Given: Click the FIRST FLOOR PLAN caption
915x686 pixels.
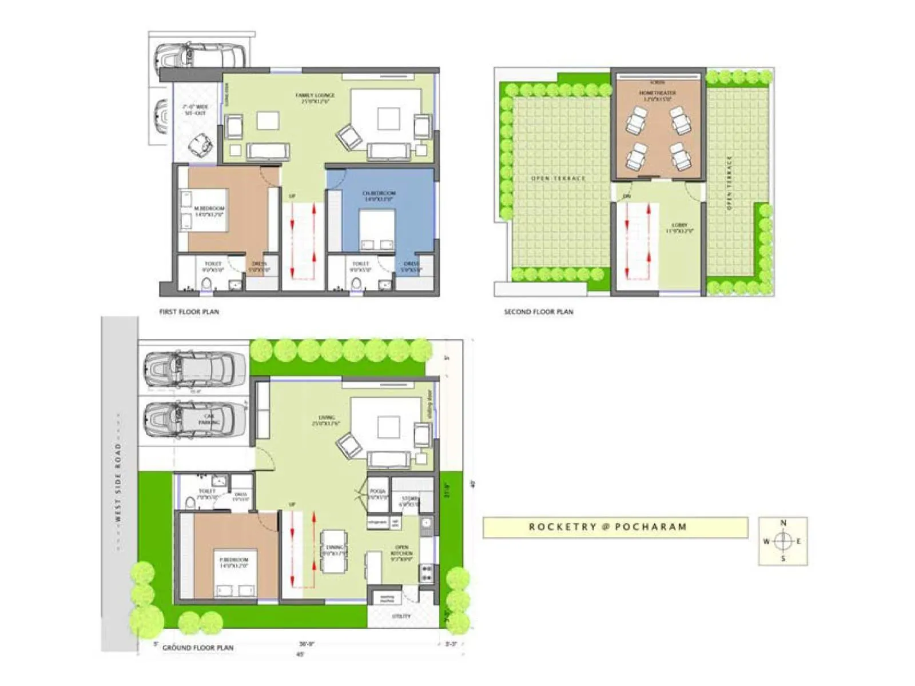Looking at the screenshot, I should coord(189,312).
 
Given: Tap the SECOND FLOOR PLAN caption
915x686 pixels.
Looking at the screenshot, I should coord(538,312).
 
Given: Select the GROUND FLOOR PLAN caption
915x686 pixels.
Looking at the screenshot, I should coord(198,648).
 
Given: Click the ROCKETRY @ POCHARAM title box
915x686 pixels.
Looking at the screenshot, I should coord(615,527).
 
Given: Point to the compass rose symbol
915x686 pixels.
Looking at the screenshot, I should coord(783,541).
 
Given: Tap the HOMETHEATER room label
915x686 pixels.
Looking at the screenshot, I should coord(657,93).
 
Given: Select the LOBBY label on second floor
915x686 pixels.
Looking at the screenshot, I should coord(679,226).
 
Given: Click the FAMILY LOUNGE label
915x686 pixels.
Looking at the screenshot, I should coord(315,95).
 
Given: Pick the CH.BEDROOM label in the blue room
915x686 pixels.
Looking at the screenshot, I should coord(379,193).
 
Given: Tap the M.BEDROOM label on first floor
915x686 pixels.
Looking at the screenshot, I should coord(209,209).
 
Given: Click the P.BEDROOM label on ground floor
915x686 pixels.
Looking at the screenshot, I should coord(234,560).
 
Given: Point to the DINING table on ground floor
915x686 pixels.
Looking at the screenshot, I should coord(334,551).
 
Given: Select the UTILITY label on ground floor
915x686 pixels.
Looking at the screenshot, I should coord(401,616).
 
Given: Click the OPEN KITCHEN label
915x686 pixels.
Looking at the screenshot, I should coord(401,550).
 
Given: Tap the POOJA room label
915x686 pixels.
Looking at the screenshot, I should coord(377,491).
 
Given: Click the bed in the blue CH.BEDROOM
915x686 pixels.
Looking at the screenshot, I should coord(377,230).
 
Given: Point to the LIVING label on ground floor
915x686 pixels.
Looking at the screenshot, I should coord(327,418).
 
